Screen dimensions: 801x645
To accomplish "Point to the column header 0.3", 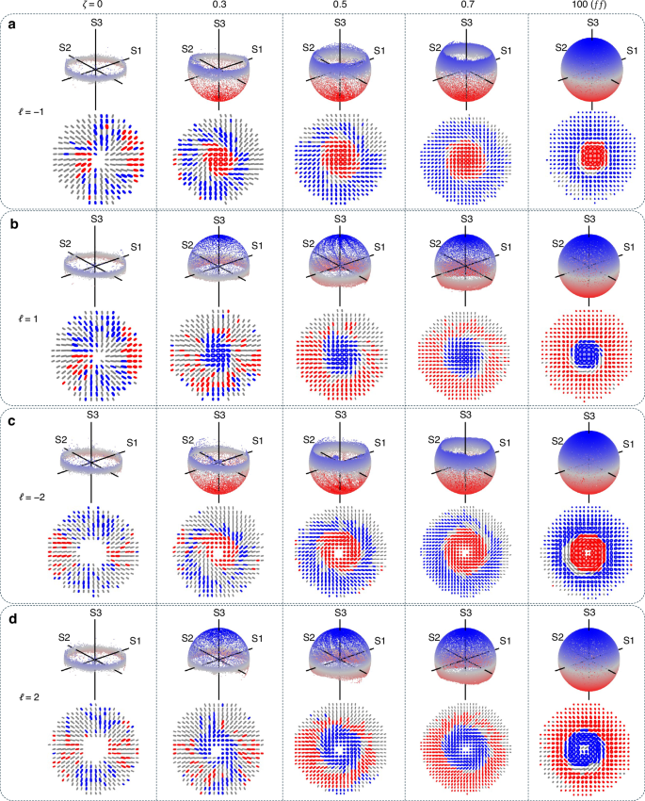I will [x=218, y=7].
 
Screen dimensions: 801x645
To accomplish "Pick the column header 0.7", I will [x=464, y=7].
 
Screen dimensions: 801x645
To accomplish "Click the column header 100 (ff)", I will [x=590, y=7].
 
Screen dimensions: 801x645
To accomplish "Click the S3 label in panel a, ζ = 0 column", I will [x=90, y=22].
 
